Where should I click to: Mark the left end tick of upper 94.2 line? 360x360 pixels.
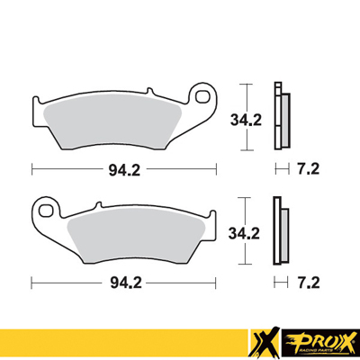(x=32, y=168)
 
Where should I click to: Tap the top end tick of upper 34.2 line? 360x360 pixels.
(x=244, y=84)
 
